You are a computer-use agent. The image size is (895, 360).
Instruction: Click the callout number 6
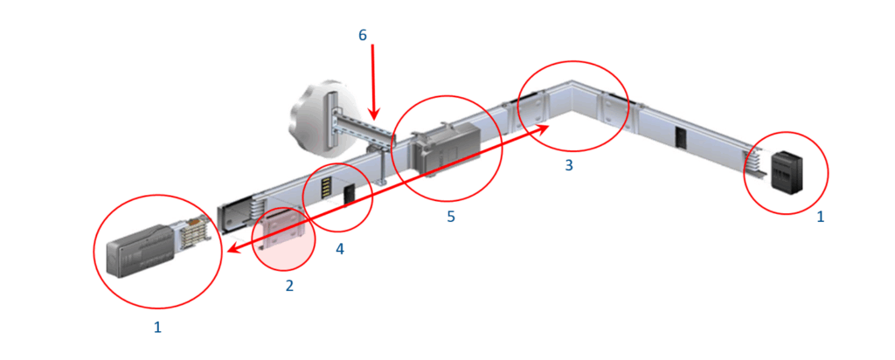click(363, 35)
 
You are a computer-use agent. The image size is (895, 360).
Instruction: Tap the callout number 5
click(451, 218)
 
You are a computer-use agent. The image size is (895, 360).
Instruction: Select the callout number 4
click(340, 249)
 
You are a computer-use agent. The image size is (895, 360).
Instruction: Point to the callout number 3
click(568, 165)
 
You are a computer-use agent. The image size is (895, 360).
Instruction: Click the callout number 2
click(289, 286)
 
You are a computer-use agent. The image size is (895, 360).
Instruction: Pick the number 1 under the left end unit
click(158, 328)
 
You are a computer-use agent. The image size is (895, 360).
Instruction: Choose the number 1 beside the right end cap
click(820, 218)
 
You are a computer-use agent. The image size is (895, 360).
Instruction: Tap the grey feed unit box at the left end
click(140, 252)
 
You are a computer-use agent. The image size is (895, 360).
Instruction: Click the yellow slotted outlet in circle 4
click(327, 187)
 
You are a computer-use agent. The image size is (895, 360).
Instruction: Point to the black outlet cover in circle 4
click(350, 195)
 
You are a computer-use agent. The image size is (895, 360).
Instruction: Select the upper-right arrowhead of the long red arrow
click(545, 129)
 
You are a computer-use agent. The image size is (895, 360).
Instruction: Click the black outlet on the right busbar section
click(680, 136)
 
